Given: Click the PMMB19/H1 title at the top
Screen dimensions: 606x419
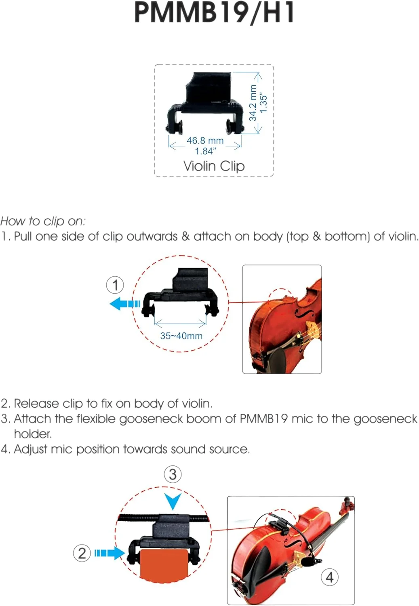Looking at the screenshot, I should (214, 13).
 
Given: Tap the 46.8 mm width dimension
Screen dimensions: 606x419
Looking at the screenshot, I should (205, 141).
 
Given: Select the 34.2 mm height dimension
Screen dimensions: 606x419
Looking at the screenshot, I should (253, 103).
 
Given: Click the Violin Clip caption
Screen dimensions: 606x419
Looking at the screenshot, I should (214, 166).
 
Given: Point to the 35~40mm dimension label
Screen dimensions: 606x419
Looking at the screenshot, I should (181, 336).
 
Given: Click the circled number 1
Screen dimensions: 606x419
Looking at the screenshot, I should (115, 285).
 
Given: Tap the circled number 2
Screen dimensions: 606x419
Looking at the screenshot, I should (82, 553).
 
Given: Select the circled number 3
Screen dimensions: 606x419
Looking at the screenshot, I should (173, 474).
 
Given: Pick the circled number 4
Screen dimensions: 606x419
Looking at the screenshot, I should (329, 577).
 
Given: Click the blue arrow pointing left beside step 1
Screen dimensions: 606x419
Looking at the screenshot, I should (123, 303).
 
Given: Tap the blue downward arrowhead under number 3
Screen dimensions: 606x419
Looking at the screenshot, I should (173, 501).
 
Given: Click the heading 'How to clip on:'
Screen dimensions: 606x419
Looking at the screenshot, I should (43, 221).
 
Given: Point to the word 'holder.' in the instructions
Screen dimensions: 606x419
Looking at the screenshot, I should (33, 434).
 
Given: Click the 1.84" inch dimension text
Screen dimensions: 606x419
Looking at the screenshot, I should (205, 151).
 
